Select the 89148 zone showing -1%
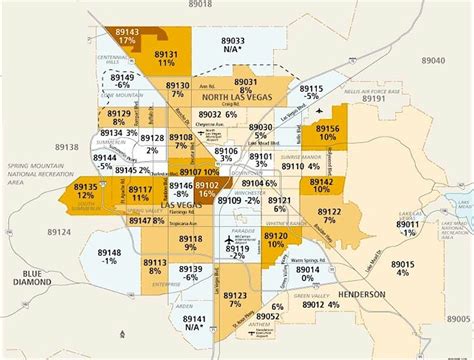point(109,257)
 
